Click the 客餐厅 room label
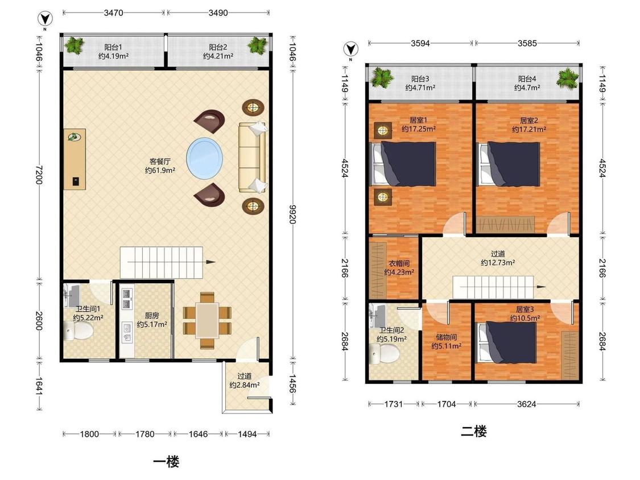click(160, 162)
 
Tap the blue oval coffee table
click(205, 158)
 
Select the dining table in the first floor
click(207, 320)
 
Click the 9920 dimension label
click(292, 214)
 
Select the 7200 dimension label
click(39, 175)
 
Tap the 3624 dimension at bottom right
click(527, 404)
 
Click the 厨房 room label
click(152, 316)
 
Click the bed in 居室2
click(509, 164)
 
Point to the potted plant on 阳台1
click(74, 45)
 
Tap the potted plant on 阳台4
click(568, 78)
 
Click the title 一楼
click(166, 462)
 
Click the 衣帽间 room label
click(399, 263)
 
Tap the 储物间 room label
click(446, 337)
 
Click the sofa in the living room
click(253, 157)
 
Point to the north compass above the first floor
click(45, 19)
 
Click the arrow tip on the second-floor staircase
click(546, 287)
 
